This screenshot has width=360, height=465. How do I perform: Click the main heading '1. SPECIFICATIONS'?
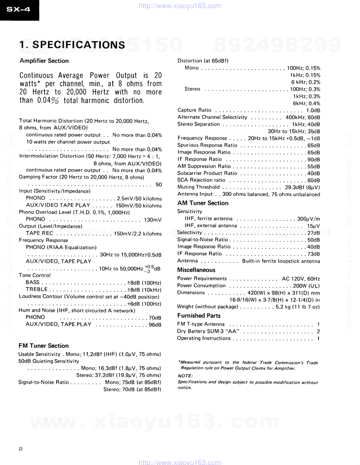(x=72, y=45)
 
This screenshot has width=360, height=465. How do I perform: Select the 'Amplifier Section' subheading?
(x=44, y=61)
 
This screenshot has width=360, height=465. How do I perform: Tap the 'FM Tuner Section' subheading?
(x=43, y=346)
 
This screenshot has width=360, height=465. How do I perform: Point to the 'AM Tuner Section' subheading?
(x=203, y=203)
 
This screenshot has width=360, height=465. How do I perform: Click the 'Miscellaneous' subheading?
(x=196, y=270)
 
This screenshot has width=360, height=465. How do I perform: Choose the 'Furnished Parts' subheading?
(x=199, y=316)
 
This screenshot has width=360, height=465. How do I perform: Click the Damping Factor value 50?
(x=159, y=185)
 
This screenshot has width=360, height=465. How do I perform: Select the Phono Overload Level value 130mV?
(x=153, y=220)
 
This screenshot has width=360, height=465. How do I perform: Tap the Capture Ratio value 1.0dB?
(x=313, y=110)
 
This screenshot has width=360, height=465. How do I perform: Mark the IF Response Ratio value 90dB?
(x=314, y=160)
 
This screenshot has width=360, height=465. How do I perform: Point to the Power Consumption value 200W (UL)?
(x=306, y=286)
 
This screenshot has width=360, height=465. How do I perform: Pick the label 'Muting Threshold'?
(x=199, y=187)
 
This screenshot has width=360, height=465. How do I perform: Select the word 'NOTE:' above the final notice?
(x=185, y=376)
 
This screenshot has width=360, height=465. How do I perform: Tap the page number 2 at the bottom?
(x=21, y=449)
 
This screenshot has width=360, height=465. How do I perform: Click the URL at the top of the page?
(x=180, y=6)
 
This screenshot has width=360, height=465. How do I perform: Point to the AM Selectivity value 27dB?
(x=313, y=233)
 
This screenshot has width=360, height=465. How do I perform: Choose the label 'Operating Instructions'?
(x=204, y=338)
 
